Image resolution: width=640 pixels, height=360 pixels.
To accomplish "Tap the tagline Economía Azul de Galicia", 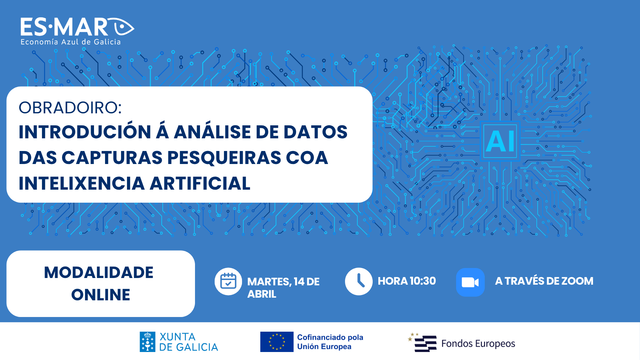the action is pyautogui.click(x=71, y=42).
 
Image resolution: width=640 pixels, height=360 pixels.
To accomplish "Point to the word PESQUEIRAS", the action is pyautogui.click(x=224, y=157).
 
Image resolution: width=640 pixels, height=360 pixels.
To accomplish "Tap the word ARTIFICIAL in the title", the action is pyautogui.click(x=200, y=183).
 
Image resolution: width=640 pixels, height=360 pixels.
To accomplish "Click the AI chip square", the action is pyautogui.click(x=500, y=141).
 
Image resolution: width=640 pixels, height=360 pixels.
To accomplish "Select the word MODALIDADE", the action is pyautogui.click(x=99, y=272).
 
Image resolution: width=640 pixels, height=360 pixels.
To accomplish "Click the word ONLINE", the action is pyautogui.click(x=101, y=295).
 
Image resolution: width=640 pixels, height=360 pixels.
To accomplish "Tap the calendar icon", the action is pyautogui.click(x=228, y=281).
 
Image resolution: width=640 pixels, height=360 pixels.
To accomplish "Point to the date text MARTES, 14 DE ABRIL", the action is pyautogui.click(x=283, y=288).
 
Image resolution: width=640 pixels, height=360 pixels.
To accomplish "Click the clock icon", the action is pyautogui.click(x=359, y=281).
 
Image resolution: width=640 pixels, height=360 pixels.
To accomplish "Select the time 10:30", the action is pyautogui.click(x=423, y=281).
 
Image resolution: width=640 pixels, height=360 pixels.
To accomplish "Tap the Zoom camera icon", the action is pyautogui.click(x=470, y=282).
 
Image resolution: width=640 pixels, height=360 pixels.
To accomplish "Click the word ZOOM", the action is pyautogui.click(x=577, y=281).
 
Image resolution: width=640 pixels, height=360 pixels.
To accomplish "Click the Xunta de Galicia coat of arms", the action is pyautogui.click(x=147, y=342).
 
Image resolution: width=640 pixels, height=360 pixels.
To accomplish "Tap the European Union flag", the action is pyautogui.click(x=277, y=342).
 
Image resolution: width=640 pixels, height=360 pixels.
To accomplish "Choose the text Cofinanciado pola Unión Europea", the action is pyautogui.click(x=330, y=342).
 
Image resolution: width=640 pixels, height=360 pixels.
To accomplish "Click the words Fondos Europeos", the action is pyautogui.click(x=478, y=344).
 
